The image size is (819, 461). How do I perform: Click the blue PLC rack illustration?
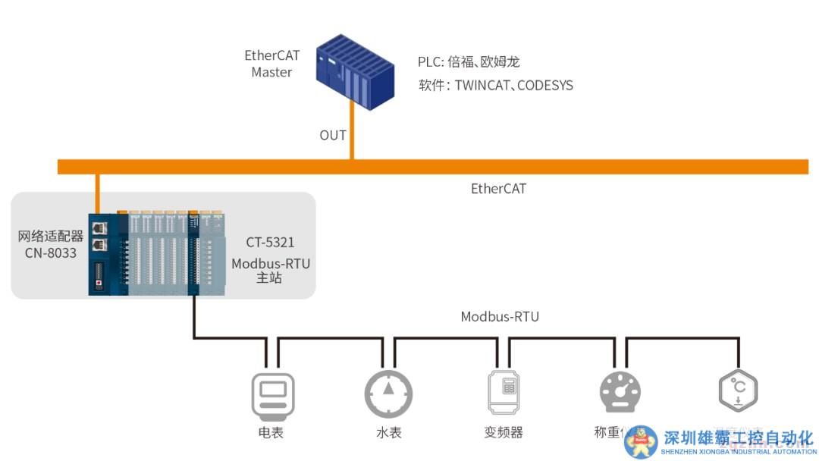click(x=356, y=71)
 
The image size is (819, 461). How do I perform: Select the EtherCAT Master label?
click(x=271, y=64)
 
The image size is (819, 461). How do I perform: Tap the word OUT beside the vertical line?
click(x=332, y=136)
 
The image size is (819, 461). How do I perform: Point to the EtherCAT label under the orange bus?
click(x=498, y=188)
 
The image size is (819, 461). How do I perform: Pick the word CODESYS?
click(x=545, y=86)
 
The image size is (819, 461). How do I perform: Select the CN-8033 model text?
click(x=51, y=252)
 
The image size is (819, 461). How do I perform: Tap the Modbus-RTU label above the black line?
click(x=500, y=316)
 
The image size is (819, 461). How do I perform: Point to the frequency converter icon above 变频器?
click(x=504, y=391)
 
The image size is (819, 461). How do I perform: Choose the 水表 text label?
click(x=388, y=433)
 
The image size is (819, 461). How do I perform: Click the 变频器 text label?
click(x=504, y=433)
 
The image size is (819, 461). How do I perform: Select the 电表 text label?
click(x=272, y=433)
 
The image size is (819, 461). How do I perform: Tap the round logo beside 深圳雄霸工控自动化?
click(x=641, y=441)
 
